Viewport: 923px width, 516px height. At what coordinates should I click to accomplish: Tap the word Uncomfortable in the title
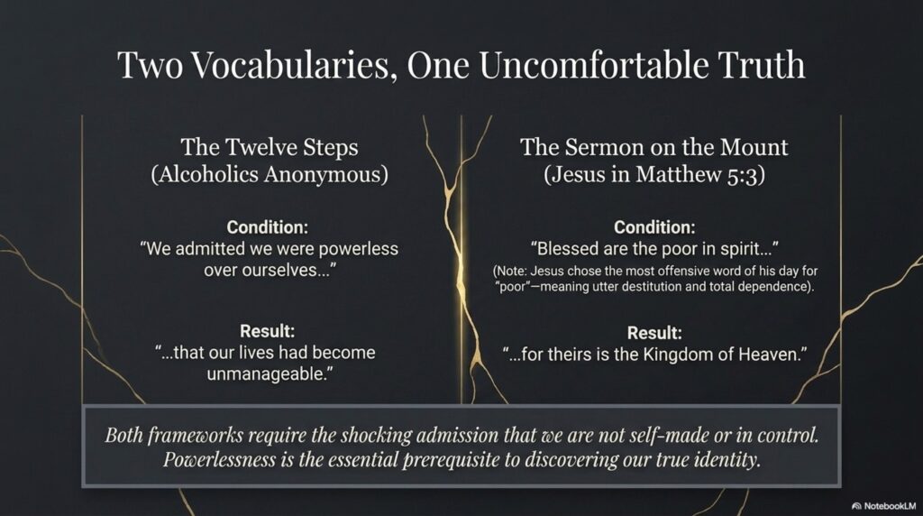[x=593, y=65]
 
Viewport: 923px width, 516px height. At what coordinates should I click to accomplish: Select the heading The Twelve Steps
[x=270, y=147]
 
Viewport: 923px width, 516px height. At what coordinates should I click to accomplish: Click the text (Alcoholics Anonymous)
[x=270, y=174]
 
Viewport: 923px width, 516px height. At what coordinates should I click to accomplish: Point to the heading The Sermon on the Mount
[x=654, y=147]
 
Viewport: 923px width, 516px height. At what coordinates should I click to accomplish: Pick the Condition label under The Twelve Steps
[x=267, y=227]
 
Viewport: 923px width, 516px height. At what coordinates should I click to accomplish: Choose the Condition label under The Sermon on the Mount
[x=654, y=227]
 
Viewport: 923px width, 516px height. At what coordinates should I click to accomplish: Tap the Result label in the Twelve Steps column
[x=267, y=331]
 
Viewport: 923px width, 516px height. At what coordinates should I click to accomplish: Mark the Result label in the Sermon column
[x=654, y=333]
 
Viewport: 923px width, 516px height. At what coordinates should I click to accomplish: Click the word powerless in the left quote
[x=359, y=249]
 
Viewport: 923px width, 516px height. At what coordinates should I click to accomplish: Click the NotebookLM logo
[x=883, y=506]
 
